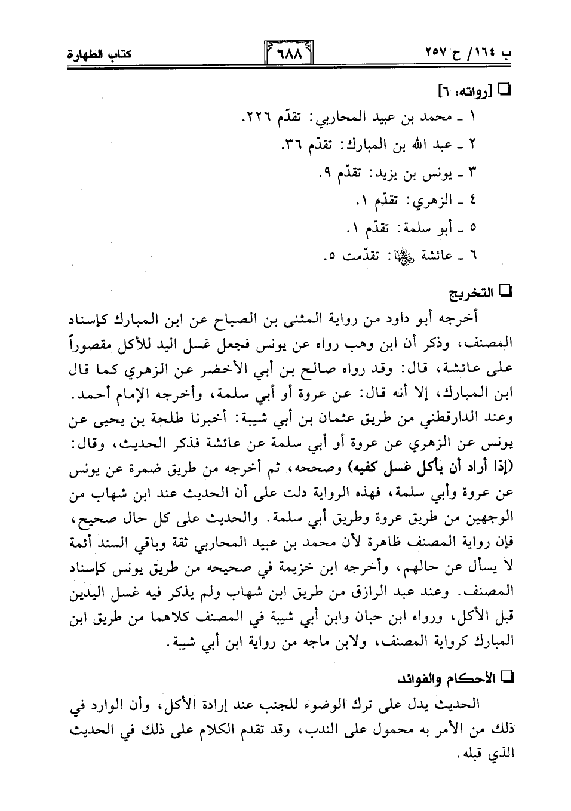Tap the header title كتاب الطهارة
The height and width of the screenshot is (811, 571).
pos(99,57)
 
